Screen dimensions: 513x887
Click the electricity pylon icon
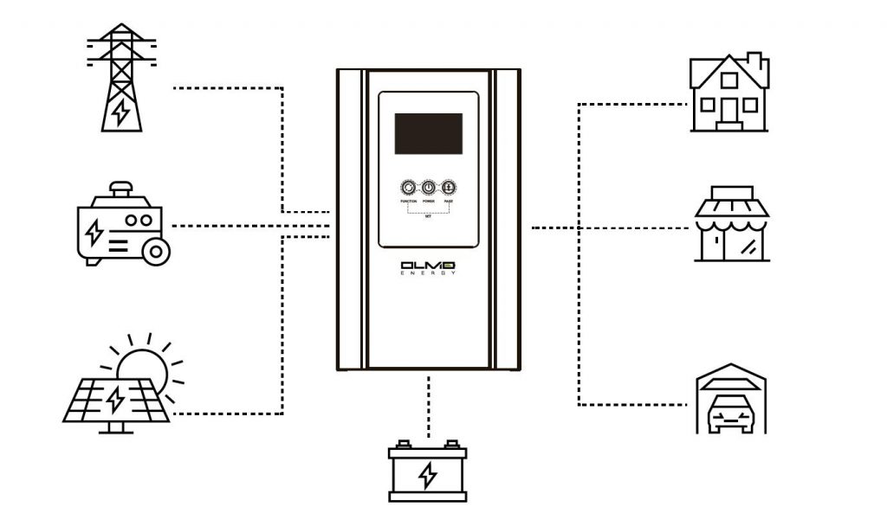(121, 77)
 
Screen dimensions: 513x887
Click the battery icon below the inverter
(427, 472)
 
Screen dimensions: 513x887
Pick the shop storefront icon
(732, 224)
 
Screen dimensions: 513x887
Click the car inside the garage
(732, 414)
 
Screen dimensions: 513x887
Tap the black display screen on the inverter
(429, 133)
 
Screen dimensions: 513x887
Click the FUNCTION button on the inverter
(409, 188)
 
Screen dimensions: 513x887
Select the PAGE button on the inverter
(449, 188)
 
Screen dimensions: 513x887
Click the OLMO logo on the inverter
(428, 265)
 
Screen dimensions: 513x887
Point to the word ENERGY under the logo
(428, 274)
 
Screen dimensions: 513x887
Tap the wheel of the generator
(157, 252)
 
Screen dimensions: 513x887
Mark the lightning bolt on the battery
(427, 475)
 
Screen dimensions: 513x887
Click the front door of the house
(728, 112)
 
